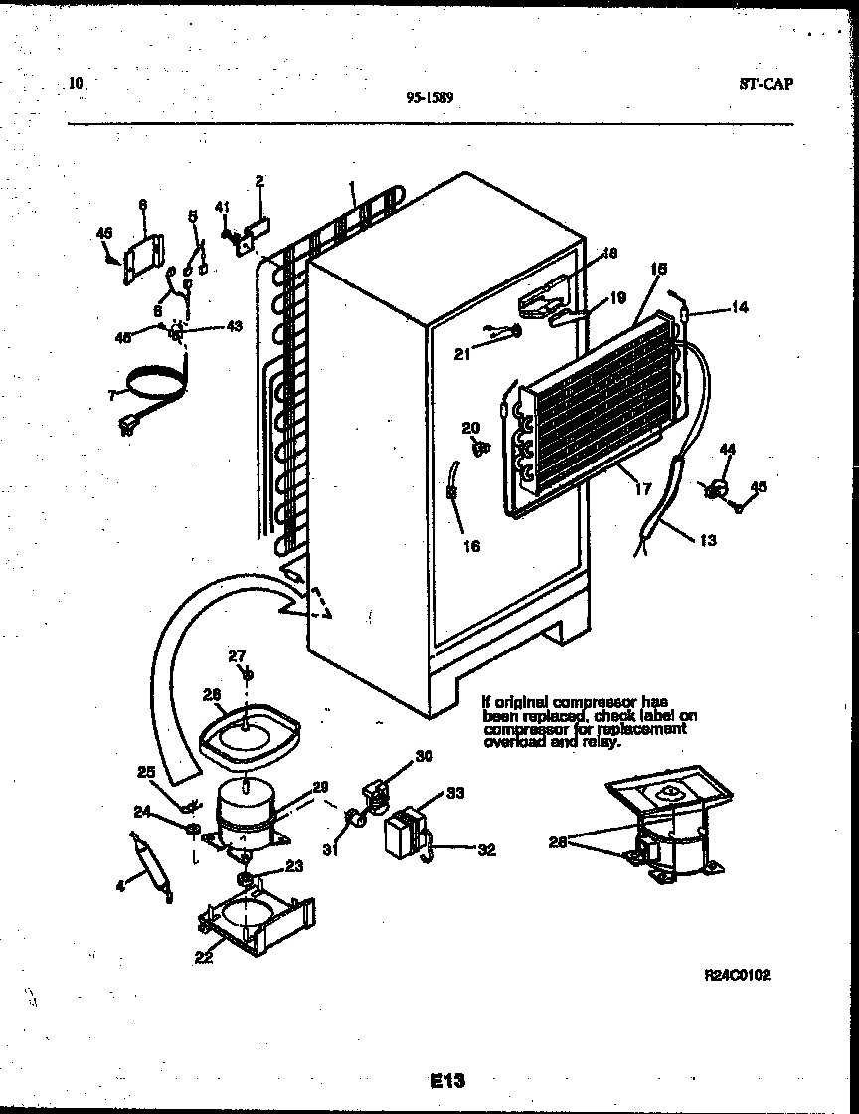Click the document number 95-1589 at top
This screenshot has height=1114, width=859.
[429, 97]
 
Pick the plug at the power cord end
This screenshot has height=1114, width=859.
[126, 428]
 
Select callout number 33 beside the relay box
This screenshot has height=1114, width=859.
[455, 793]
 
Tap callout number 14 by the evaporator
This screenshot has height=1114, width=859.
[739, 307]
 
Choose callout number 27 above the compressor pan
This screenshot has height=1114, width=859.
[236, 655]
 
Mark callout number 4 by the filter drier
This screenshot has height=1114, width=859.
[120, 884]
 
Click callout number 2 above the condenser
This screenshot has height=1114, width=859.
[259, 181]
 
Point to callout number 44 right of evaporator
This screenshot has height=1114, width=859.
[728, 451]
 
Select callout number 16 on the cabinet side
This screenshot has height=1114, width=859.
[471, 546]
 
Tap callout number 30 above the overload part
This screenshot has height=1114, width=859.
[424, 756]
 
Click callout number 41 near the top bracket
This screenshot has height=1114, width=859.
[223, 207]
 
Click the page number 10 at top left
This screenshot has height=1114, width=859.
[77, 84]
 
